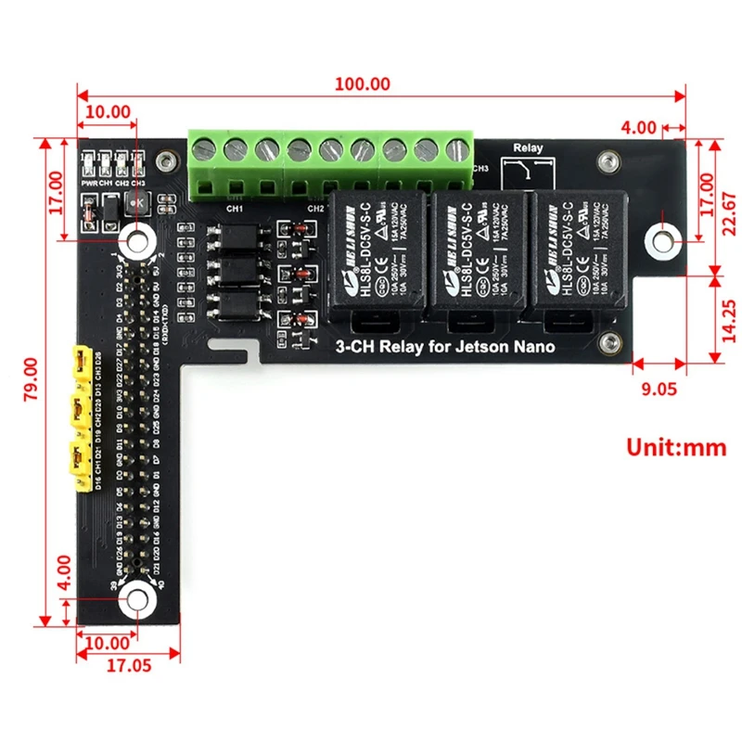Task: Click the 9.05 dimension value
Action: click(x=659, y=389)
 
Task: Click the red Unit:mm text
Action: click(x=676, y=447)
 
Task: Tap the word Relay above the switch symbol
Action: click(x=528, y=147)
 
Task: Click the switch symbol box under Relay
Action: click(x=528, y=172)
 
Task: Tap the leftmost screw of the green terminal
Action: click(x=205, y=148)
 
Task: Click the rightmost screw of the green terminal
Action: click(x=454, y=149)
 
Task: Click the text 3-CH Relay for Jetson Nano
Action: click(x=444, y=347)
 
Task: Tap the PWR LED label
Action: click(x=89, y=184)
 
